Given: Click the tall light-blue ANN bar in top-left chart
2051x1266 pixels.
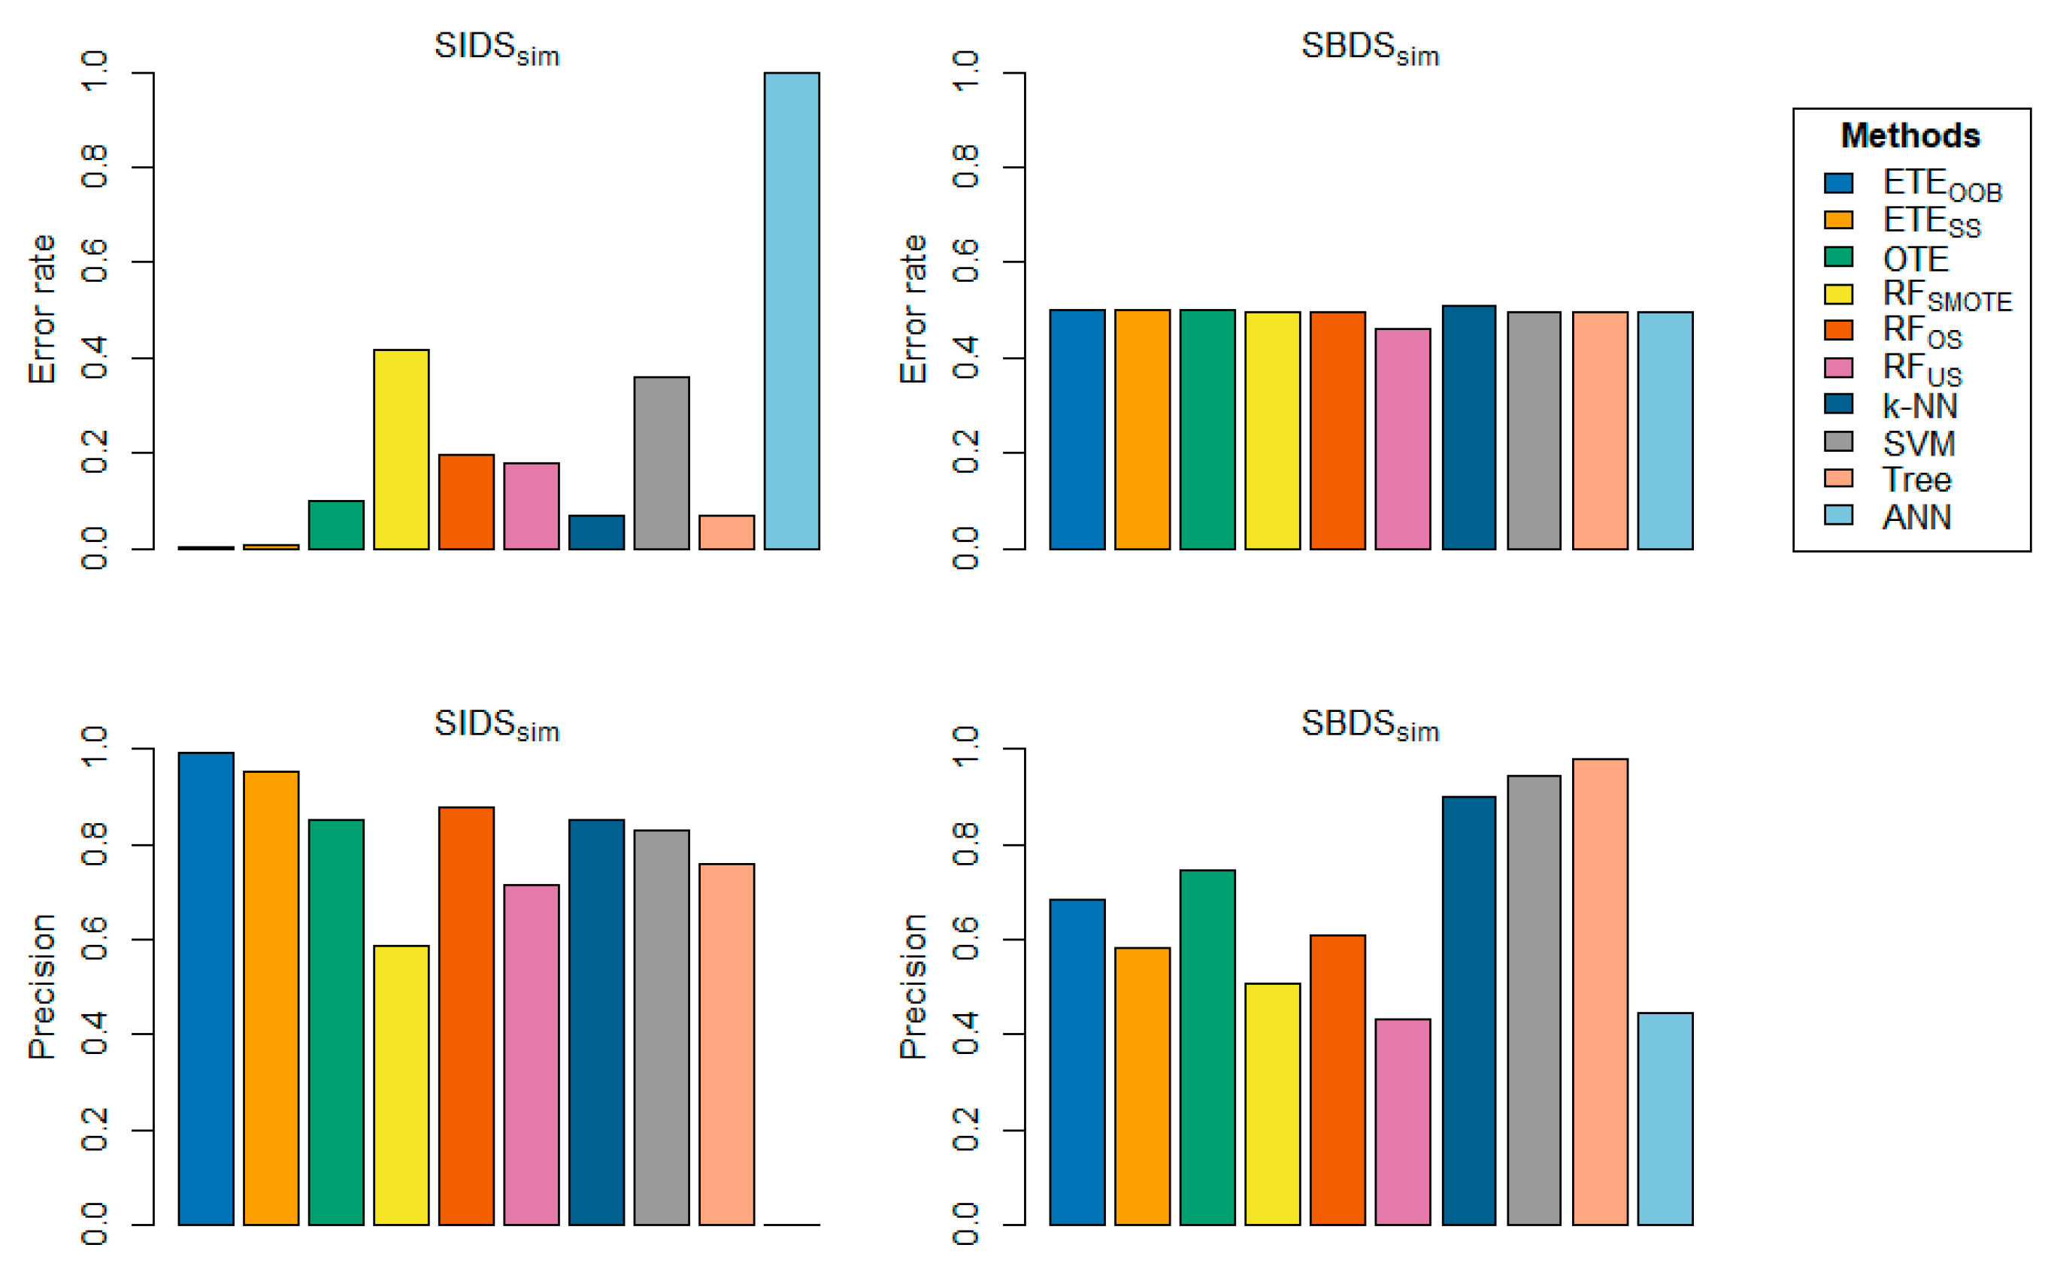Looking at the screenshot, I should coord(791,310).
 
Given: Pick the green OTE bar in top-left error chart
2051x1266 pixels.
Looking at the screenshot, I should coord(336,525).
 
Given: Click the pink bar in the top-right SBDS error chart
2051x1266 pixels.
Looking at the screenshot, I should coord(1402,439).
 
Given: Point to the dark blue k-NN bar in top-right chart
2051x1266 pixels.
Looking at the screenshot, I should coord(1468,427).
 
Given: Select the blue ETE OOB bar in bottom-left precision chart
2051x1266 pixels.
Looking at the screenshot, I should coord(206,988).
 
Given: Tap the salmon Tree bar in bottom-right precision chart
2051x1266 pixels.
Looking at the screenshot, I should coord(1600,992).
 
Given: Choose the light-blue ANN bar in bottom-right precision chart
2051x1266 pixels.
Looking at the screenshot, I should coord(1665,1119).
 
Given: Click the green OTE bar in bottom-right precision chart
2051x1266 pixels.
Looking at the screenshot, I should coord(1207,1047).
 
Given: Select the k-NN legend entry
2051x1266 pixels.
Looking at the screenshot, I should coord(1919,406).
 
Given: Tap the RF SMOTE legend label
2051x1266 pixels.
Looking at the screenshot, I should coord(1946,295).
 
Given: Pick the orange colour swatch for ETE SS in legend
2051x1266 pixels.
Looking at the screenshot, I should coord(1838,220).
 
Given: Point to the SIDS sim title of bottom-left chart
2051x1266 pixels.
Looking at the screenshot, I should coord(496,725).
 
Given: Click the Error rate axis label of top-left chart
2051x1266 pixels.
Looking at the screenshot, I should coord(42,309).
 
